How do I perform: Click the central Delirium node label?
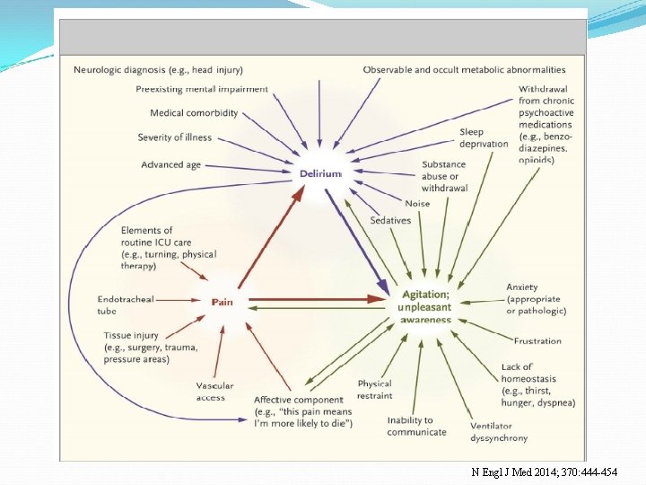320,173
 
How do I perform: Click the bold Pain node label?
222,302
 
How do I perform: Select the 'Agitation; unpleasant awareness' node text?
425,306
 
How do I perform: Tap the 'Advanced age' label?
170,164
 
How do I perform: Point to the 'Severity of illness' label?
175,137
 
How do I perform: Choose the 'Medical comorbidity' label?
194,113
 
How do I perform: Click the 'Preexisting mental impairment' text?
202,90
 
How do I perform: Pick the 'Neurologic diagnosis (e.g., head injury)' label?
158,70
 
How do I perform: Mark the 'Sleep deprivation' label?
484,138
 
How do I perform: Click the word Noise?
417,204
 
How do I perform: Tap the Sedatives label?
390,221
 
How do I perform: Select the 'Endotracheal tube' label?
127,305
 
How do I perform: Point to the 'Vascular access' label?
214,392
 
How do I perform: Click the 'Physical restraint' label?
375,390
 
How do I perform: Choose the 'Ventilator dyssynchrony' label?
499,432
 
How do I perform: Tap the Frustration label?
537,341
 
